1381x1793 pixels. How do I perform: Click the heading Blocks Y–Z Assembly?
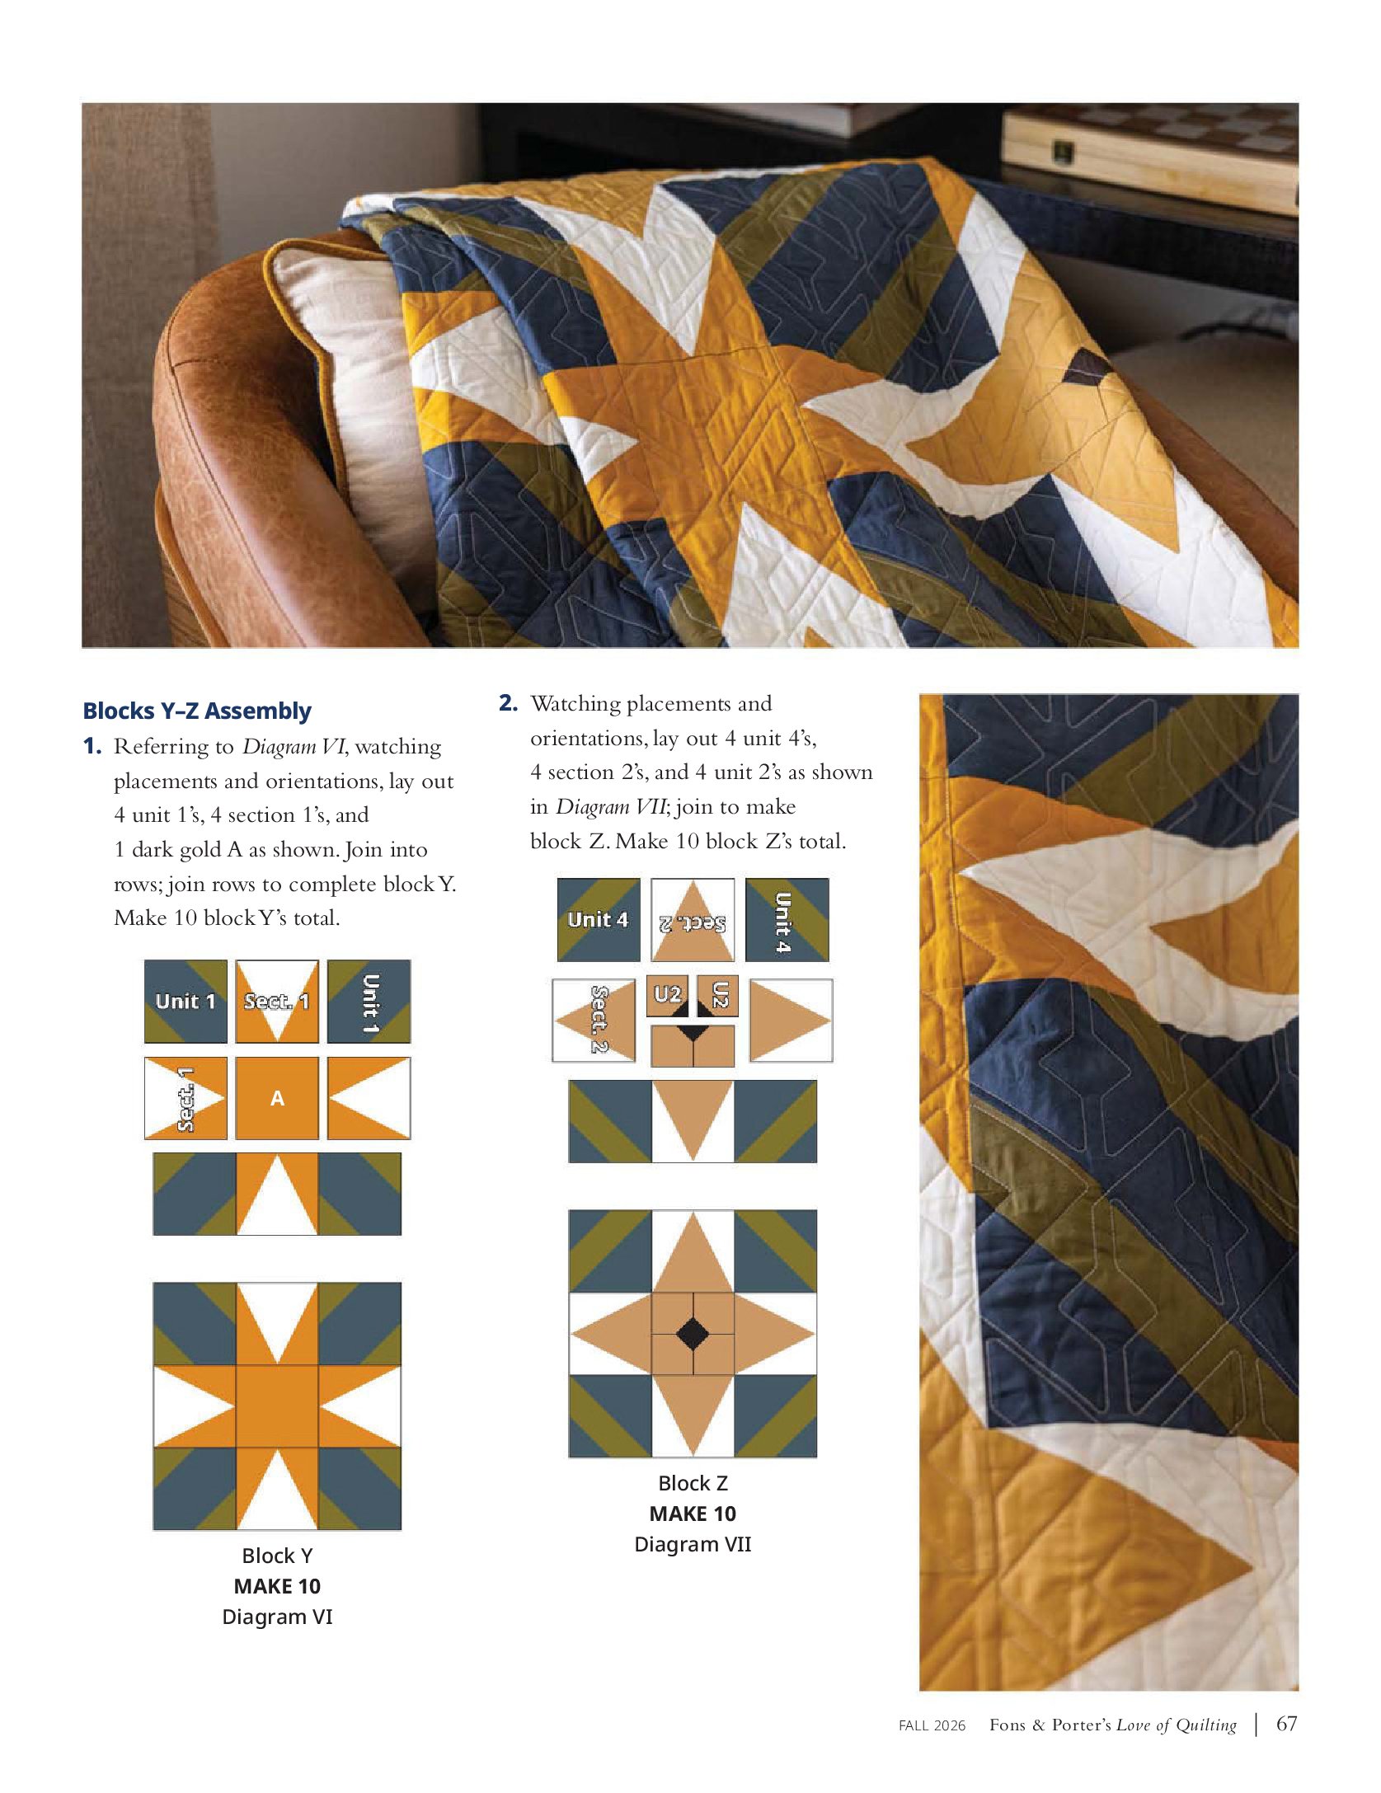pyautogui.click(x=197, y=711)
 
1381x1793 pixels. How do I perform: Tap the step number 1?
pyautogui.click(x=92, y=747)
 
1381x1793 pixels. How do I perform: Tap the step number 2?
pyautogui.click(x=508, y=703)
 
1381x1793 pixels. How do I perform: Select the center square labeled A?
pyautogui.click(x=277, y=1098)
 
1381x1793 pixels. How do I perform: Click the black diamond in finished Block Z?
pyautogui.click(x=693, y=1334)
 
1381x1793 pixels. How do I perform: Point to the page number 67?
pyautogui.click(x=1287, y=1724)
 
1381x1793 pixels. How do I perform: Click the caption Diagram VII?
pyautogui.click(x=693, y=1544)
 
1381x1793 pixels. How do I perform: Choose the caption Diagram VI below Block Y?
pyautogui.click(x=277, y=1617)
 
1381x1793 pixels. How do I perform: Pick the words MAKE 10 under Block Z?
pyautogui.click(x=693, y=1514)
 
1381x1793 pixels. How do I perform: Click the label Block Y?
pyautogui.click(x=277, y=1556)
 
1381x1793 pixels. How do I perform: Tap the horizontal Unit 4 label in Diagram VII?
pyautogui.click(x=598, y=919)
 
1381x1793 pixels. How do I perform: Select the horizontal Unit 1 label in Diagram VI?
pyautogui.click(x=186, y=1002)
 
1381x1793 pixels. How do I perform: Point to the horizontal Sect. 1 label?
pyautogui.click(x=277, y=1002)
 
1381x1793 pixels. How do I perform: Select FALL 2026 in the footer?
pyautogui.click(x=932, y=1725)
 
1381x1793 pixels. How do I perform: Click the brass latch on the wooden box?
pyautogui.click(x=1064, y=151)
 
